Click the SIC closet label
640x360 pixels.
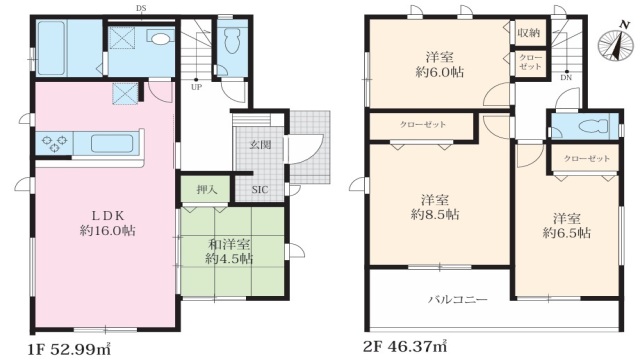[259, 189]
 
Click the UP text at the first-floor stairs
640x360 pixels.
[197, 87]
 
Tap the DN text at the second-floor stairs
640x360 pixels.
[566, 77]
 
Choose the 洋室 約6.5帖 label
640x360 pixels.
[566, 225]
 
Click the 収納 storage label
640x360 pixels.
[529, 33]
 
